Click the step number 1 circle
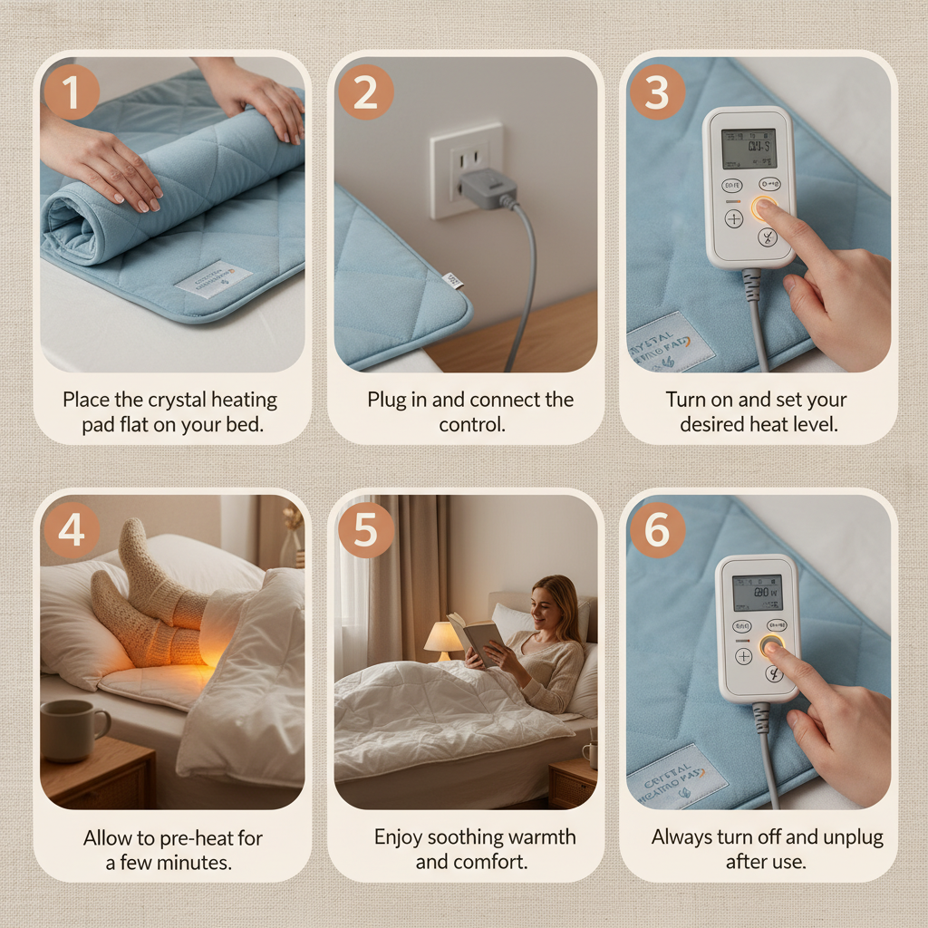(71, 92)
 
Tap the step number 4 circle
(71, 530)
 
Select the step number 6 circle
(656, 530)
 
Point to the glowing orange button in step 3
(763, 208)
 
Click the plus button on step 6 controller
(744, 656)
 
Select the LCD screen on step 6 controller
(757, 592)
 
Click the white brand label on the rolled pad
(213, 279)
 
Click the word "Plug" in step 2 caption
(387, 400)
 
